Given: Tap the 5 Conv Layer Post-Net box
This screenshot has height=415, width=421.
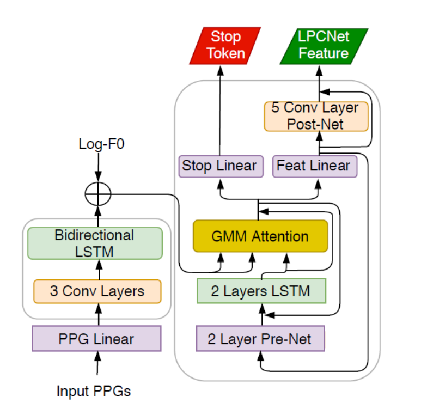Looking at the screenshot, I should pyautogui.click(x=316, y=115).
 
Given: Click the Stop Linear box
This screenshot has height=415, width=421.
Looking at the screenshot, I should pyautogui.click(x=219, y=166).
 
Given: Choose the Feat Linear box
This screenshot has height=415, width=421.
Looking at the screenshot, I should pyautogui.click(x=314, y=166).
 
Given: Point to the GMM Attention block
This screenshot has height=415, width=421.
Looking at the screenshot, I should pyautogui.click(x=260, y=236).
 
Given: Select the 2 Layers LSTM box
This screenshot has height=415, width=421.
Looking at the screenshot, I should pyautogui.click(x=260, y=291).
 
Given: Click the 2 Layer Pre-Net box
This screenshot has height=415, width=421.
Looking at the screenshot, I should pyautogui.click(x=260, y=339).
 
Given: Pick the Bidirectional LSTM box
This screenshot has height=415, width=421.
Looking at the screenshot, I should pyautogui.click(x=95, y=243).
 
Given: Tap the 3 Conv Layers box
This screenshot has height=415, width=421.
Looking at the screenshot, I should pyautogui.click(x=97, y=291).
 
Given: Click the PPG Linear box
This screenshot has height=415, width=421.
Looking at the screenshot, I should pyautogui.click(x=96, y=339).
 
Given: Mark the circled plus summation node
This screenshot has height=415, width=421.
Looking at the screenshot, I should pyautogui.click(x=98, y=193).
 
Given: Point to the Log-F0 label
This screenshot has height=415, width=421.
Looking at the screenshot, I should pyautogui.click(x=98, y=144).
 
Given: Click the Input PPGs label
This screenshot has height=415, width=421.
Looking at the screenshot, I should pyautogui.click(x=94, y=391).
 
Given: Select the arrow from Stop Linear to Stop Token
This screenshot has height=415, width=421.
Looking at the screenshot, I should pyautogui.click(x=219, y=109).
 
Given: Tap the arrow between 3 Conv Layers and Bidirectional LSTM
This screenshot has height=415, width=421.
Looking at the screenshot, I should pyautogui.click(x=99, y=269).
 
